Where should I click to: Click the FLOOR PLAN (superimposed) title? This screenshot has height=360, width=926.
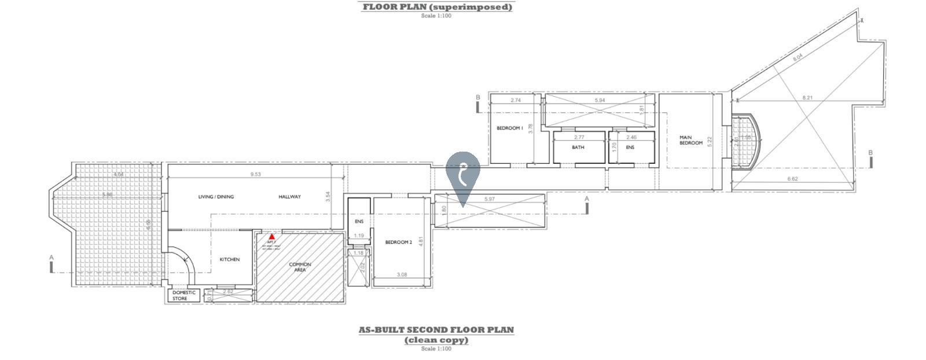point(437,7)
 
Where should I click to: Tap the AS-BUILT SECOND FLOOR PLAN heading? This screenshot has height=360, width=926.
point(436,330)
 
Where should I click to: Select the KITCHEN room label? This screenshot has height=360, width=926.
point(229,259)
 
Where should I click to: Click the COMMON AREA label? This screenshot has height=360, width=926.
point(300,267)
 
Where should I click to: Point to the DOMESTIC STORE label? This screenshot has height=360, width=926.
point(184,295)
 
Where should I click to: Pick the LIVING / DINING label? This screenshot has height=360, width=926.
point(216,197)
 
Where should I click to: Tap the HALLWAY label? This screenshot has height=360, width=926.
point(289,197)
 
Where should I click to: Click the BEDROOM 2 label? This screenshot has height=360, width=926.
point(398,243)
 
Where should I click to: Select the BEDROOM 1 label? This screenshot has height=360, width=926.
point(510,128)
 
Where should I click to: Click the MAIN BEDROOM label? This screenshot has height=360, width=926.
point(690,140)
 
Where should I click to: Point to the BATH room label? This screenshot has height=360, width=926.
point(578,148)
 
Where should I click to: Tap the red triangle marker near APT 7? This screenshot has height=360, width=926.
point(271,236)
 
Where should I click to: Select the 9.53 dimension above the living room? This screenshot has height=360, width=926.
point(255,174)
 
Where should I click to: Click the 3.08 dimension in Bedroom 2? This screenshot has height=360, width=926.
point(402,274)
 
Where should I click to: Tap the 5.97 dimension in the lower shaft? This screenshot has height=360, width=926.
point(489,199)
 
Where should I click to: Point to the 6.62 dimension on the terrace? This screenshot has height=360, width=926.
point(792,179)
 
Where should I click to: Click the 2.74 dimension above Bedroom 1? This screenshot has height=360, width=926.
point(516,100)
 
